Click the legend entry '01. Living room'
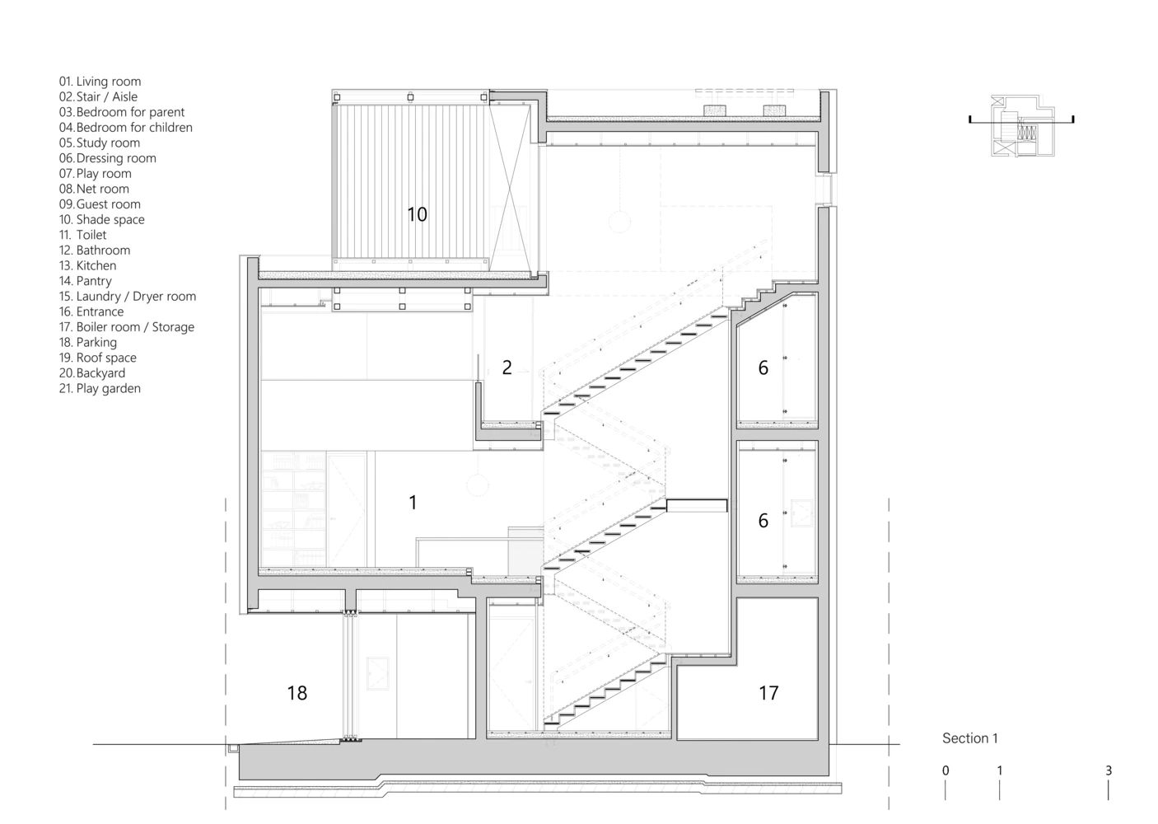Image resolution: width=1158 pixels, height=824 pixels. pyautogui.click(x=100, y=82)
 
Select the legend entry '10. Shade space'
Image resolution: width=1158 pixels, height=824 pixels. pyautogui.click(x=101, y=220)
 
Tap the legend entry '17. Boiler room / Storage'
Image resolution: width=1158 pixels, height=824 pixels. pyautogui.click(x=126, y=327)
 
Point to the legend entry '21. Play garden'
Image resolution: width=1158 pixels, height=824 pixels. pyautogui.click(x=100, y=389)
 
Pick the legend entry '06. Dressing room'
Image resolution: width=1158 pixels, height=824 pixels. pyautogui.click(x=107, y=158)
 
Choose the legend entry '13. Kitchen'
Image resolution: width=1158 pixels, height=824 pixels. pyautogui.click(x=87, y=266)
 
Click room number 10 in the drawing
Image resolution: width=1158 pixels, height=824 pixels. pyautogui.click(x=417, y=214)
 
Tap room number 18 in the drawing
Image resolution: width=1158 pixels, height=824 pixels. pyautogui.click(x=297, y=693)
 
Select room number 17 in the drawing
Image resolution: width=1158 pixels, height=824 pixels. pyautogui.click(x=768, y=693)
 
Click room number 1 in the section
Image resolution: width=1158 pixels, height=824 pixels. pyautogui.click(x=413, y=502)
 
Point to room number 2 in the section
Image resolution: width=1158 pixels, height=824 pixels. pyautogui.click(x=507, y=368)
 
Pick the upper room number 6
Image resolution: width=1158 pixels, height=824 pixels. pyautogui.click(x=763, y=368)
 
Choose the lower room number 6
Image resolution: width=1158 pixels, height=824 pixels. pyautogui.click(x=763, y=521)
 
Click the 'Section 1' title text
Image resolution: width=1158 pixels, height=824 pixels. pyautogui.click(x=969, y=738)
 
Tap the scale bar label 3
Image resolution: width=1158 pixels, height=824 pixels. pyautogui.click(x=1108, y=771)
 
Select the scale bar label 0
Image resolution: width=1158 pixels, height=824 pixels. pyautogui.click(x=946, y=771)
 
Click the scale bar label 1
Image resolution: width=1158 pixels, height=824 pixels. pyautogui.click(x=999, y=771)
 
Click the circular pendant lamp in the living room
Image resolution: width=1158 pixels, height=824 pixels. pyautogui.click(x=477, y=485)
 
